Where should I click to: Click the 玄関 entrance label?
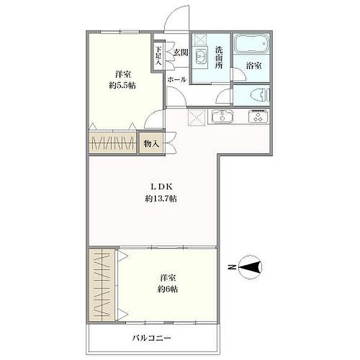181,53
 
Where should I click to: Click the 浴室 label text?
253,67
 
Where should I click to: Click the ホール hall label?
176,79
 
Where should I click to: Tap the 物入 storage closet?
151,144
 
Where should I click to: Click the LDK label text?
159,187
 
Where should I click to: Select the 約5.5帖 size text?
124,85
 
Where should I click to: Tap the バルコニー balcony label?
152,338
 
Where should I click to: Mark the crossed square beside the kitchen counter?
196,116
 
